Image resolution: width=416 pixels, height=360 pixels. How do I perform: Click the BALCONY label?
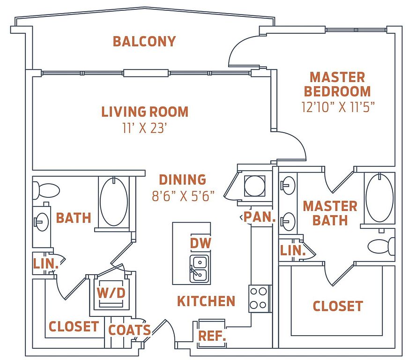[144, 41]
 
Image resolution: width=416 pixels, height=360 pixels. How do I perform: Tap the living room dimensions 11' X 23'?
[145, 128]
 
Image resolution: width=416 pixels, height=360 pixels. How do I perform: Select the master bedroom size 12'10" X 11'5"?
[338, 107]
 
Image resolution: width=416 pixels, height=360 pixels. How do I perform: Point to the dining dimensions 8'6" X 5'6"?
[183, 196]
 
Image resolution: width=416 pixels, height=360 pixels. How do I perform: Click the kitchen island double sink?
[199, 268]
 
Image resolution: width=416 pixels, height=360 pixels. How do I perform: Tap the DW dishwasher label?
[201, 243]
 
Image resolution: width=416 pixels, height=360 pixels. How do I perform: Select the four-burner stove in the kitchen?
[259, 299]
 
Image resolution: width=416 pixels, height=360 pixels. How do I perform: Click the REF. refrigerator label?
[212, 336]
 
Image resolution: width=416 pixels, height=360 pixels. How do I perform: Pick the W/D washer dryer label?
[111, 293]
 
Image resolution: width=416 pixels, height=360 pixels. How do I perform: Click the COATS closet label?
[129, 330]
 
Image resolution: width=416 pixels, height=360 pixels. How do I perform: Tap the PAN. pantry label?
[260, 217]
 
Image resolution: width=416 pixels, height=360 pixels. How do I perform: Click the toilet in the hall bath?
[46, 190]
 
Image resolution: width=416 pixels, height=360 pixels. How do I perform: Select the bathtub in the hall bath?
[114, 202]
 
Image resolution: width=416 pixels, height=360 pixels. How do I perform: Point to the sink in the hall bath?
[41, 222]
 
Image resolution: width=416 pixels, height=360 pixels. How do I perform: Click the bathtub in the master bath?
[379, 197]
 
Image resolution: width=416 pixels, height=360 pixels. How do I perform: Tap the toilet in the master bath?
[381, 247]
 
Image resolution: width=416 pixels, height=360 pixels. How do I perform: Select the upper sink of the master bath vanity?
[288, 185]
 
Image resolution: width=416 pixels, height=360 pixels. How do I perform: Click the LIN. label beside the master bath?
[293, 250]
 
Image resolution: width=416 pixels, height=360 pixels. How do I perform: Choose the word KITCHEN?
[206, 301]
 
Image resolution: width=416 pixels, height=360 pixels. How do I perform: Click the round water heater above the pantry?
[255, 186]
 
